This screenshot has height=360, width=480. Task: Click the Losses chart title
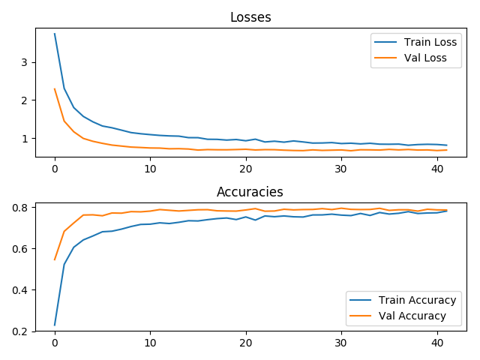coord(250,17)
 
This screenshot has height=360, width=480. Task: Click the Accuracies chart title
coord(250,192)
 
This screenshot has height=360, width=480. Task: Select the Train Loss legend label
coord(430,42)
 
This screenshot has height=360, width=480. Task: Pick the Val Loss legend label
coord(425,58)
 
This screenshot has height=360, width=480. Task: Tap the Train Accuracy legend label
coord(417,300)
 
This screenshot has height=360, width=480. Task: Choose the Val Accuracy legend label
coord(412,316)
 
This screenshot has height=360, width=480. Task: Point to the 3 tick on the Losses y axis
coord(25,62)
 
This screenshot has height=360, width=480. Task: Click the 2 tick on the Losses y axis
coord(25,100)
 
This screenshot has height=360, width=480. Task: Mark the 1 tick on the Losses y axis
coord(25,138)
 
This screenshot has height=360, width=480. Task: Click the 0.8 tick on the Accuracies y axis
coord(19,208)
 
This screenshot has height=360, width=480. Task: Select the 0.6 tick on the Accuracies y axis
coord(19,249)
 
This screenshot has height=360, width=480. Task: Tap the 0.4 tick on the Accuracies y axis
coord(19,290)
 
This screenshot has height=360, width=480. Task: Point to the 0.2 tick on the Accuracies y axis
coord(19,331)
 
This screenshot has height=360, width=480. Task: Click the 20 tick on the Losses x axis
coord(246,169)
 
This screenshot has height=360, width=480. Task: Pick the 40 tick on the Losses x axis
coord(437,169)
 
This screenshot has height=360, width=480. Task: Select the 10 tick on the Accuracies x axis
coord(150,343)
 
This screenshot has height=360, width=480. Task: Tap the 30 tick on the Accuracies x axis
coord(341,343)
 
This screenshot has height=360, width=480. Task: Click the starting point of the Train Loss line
coord(55,34)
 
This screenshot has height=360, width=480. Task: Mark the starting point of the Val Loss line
coord(55,88)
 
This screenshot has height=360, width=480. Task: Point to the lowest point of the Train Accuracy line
coord(55,325)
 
